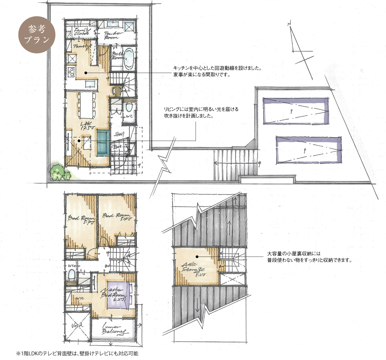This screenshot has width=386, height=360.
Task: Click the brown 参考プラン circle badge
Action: (37, 35)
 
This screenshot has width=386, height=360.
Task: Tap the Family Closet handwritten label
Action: (81, 32)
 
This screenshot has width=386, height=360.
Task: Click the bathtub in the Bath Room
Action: (129, 59)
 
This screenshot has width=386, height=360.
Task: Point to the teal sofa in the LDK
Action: (103, 143)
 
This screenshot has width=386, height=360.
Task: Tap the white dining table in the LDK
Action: (86, 105)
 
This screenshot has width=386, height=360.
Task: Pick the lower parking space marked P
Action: (309, 150)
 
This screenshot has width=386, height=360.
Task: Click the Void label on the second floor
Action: (77, 326)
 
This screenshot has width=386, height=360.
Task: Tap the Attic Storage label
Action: (194, 269)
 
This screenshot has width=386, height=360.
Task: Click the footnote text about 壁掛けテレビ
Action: (77, 354)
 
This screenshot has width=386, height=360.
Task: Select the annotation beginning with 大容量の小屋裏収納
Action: (309, 257)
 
